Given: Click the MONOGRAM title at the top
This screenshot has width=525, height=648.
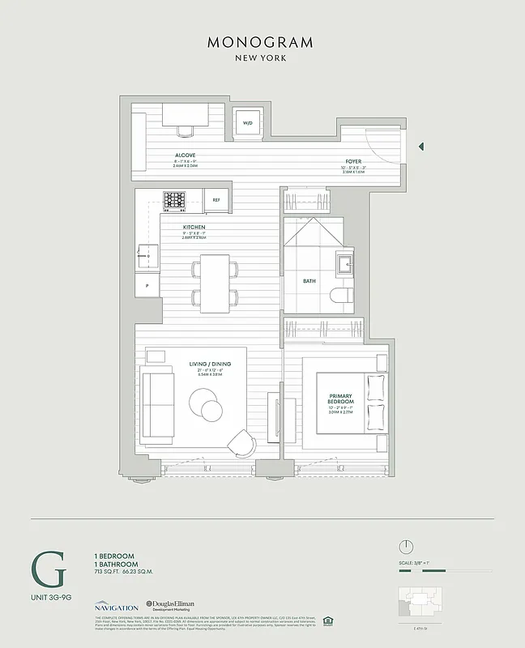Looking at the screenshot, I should click(x=262, y=41).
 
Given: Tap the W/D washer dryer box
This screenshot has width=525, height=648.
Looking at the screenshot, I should click(x=249, y=122).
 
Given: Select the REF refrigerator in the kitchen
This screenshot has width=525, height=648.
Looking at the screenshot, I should click(x=216, y=199).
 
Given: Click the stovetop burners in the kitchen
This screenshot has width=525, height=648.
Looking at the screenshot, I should click(x=175, y=199).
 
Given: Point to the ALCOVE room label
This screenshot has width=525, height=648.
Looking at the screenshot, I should click(x=185, y=155).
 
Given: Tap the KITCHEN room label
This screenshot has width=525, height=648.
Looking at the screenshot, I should click(x=194, y=228).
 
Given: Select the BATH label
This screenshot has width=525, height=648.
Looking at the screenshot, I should click(x=309, y=283).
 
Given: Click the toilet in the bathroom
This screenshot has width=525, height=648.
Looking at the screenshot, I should click(x=344, y=297).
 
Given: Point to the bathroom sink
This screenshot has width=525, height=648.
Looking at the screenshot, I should click(x=344, y=262).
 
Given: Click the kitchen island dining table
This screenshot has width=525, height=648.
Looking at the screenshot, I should click(x=215, y=283).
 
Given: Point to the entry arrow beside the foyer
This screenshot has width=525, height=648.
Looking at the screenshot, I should click(x=420, y=147).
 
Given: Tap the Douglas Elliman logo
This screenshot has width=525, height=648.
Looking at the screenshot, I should click(x=173, y=606).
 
